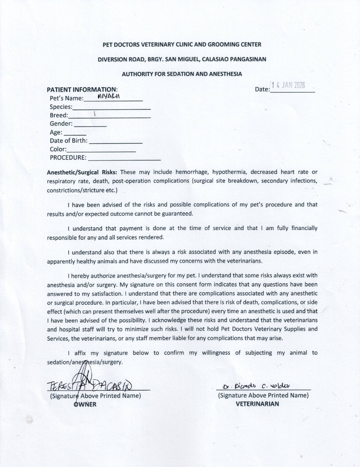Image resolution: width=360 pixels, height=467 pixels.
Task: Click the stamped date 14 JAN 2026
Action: tap(288, 85)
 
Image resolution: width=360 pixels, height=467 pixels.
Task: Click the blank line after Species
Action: tap(112, 107)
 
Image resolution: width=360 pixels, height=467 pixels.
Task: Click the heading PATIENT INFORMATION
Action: tap(82, 90)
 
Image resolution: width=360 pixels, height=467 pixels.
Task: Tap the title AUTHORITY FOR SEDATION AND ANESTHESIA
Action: tap(182, 74)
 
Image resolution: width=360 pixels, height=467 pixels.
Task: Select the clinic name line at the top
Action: tap(182, 45)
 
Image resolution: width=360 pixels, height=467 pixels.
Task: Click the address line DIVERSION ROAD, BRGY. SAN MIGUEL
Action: tap(182, 58)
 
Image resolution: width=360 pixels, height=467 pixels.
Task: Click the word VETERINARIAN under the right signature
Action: tap(257, 404)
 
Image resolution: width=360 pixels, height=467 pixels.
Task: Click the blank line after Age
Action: tap(75, 133)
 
